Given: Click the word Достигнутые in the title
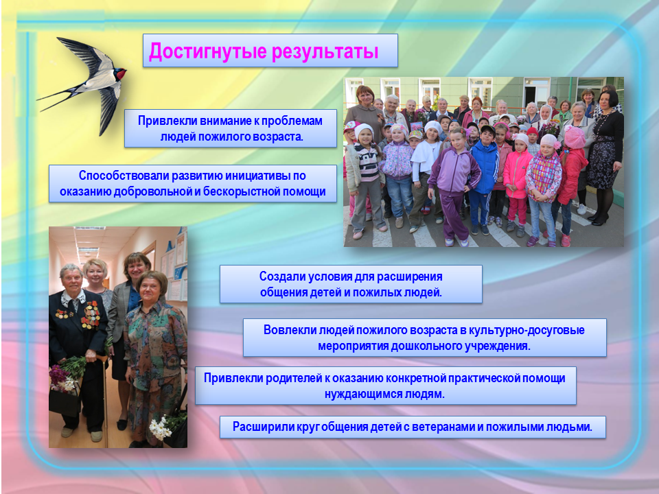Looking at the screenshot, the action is click(208, 51).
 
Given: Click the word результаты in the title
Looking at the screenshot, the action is click(325, 52).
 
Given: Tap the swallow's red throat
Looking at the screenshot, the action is click(120, 75).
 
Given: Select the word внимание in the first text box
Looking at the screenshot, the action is click(225, 121).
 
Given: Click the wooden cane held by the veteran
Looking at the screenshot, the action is click(104, 399).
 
